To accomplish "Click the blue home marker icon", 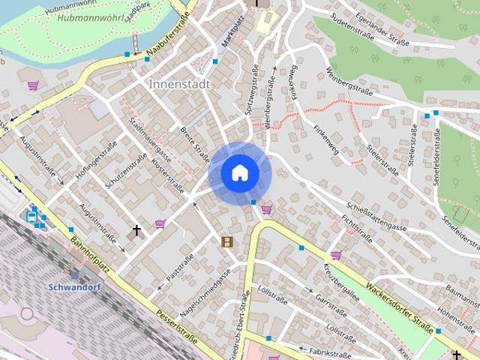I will pos(240,173).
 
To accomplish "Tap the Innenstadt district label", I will pos(179,84).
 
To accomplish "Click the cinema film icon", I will pos(226,241).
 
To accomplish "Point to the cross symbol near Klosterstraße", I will pos(136,230).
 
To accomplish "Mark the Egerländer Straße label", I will pos(382,32).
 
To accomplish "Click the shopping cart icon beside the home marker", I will pos(266,210).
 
